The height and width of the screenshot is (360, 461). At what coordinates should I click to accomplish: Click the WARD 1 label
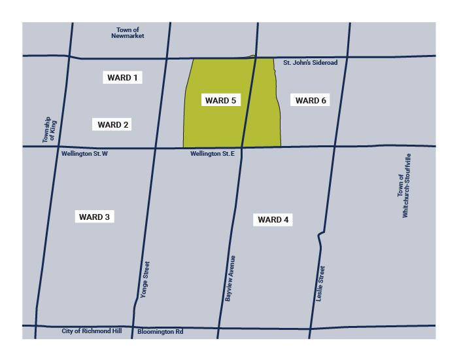[x=122, y=78]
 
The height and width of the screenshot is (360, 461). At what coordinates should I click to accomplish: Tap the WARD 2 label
[x=113, y=124]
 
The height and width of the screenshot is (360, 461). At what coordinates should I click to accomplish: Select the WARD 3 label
[x=94, y=217]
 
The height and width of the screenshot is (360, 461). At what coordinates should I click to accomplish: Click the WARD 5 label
[x=220, y=100]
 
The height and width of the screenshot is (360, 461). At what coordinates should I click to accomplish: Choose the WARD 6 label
[x=311, y=100]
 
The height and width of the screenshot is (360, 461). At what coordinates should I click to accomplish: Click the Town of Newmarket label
[x=128, y=33]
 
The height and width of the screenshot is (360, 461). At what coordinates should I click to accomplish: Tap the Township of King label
[x=47, y=130]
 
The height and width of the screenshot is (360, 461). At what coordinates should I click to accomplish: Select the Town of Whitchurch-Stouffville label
[x=404, y=186]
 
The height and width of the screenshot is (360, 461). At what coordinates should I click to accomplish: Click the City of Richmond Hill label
[x=92, y=331]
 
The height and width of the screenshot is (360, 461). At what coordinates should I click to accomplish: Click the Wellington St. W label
[x=84, y=154]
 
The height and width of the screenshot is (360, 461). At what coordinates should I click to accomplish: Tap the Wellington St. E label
[x=213, y=154]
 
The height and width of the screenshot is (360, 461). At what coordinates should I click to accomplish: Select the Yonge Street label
[x=146, y=280]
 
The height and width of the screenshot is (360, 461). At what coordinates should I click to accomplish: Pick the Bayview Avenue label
[x=230, y=278]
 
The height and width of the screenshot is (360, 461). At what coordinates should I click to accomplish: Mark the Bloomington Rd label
[x=160, y=332]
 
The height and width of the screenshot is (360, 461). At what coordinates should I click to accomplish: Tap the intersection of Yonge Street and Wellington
[x=156, y=147]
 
